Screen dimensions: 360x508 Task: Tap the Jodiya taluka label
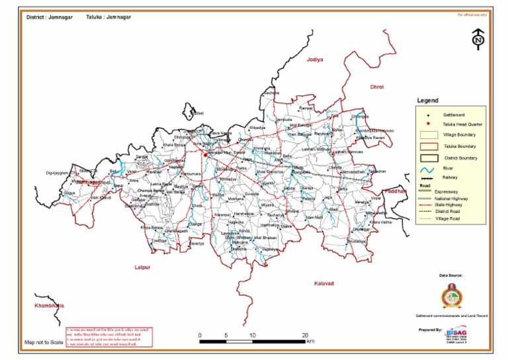[314, 60]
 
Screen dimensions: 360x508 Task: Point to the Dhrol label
[376, 87]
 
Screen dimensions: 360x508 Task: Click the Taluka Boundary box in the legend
[428, 145]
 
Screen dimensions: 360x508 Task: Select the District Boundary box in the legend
[428, 157]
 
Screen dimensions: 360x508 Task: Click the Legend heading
[427, 101]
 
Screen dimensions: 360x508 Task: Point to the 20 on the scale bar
[305, 335]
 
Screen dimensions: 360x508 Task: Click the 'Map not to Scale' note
[44, 343]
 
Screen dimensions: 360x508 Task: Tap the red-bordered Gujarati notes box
[109, 336]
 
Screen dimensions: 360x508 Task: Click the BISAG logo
[456, 335]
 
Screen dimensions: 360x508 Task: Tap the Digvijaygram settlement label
[58, 171]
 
